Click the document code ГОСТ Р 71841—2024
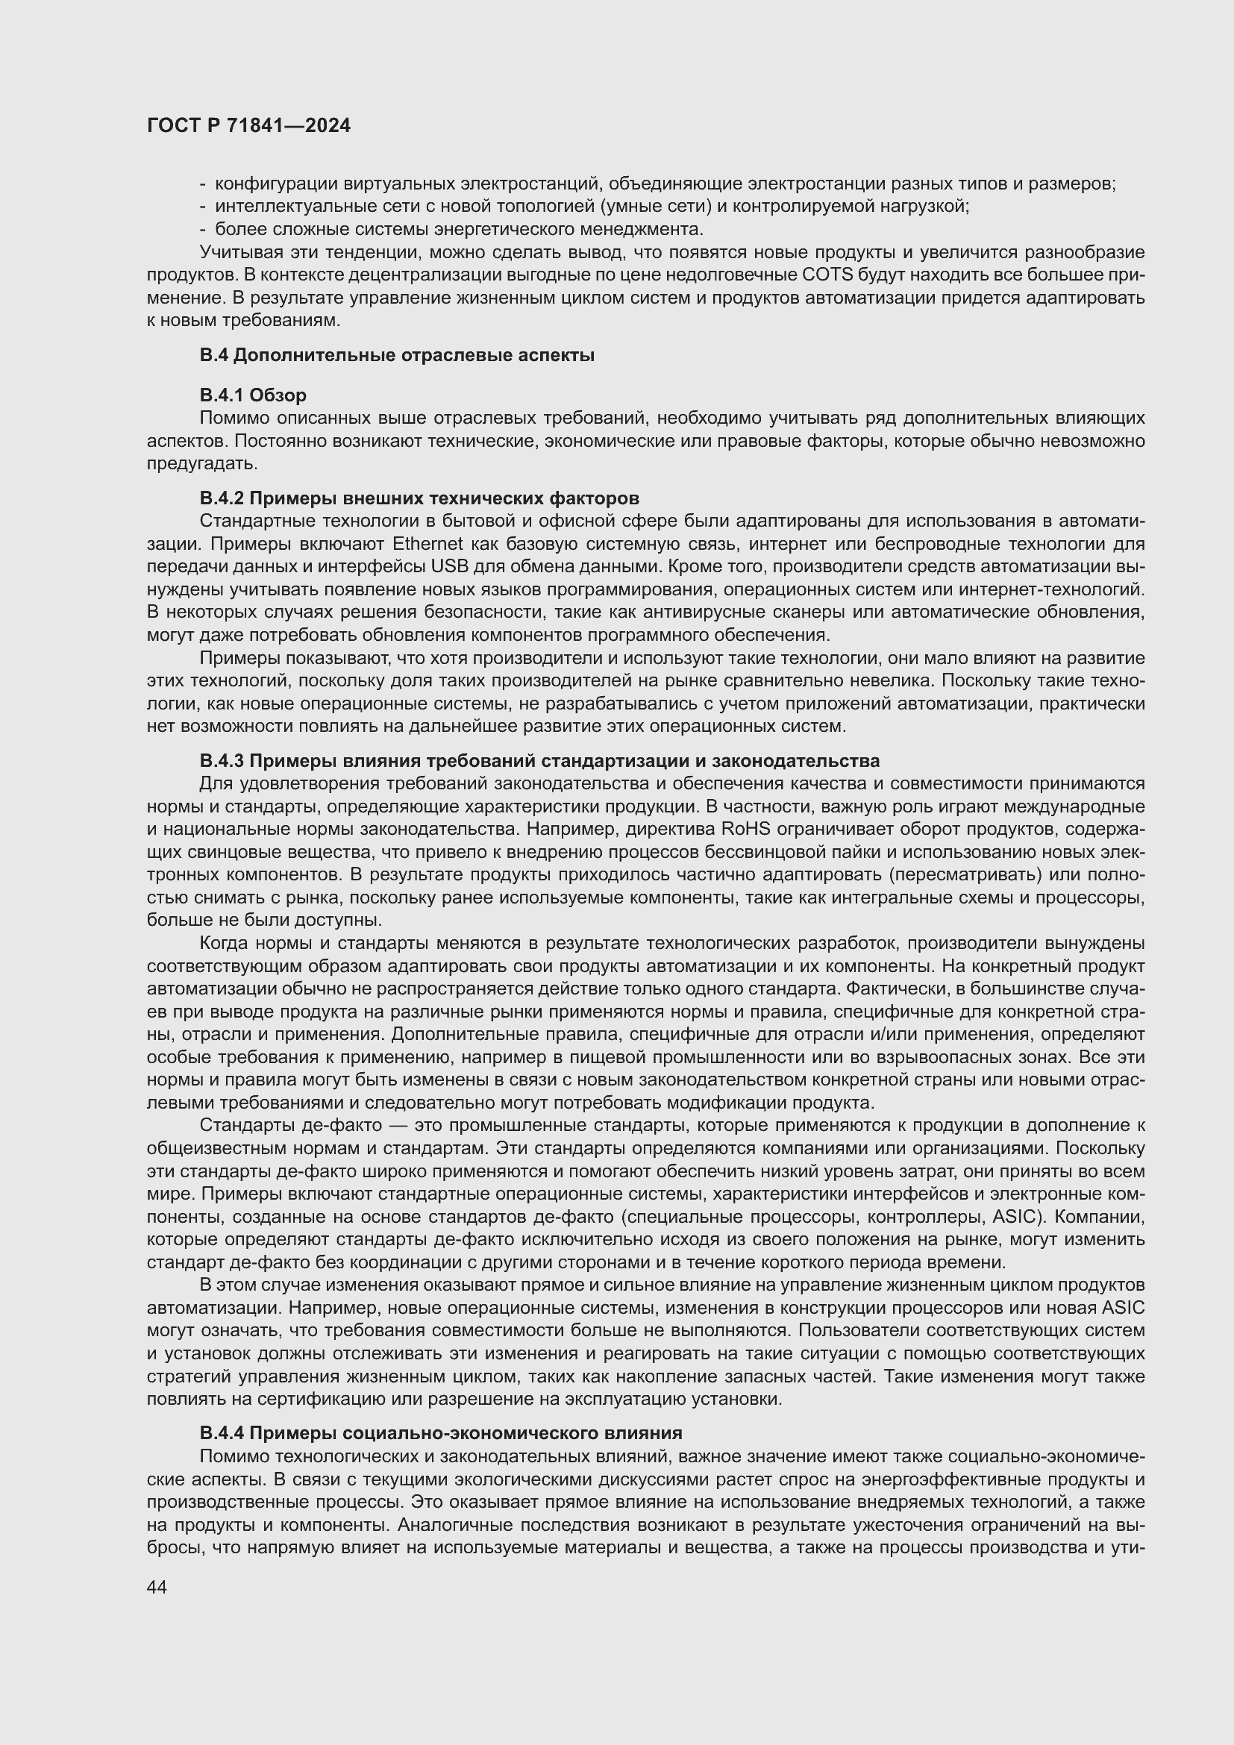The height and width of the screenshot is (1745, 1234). coord(248,125)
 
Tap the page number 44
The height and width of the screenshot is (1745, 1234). coord(157,1587)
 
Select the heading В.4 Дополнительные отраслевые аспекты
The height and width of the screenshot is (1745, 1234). coord(397,355)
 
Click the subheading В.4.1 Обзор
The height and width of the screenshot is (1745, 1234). coord(253,395)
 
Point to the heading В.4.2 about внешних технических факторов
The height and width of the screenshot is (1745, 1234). coord(419,498)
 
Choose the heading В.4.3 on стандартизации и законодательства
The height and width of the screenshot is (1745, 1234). coord(539,761)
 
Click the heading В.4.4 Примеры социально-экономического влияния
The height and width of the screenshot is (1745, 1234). coord(441,1432)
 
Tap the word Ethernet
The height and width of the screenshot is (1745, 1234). coord(427,544)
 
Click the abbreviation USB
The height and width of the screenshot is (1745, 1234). coord(446,566)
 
